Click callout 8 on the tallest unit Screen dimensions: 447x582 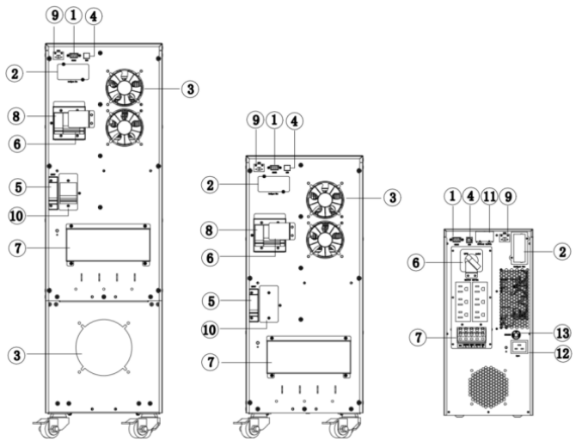tap(15, 115)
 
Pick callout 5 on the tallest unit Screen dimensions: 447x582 tap(15, 185)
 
